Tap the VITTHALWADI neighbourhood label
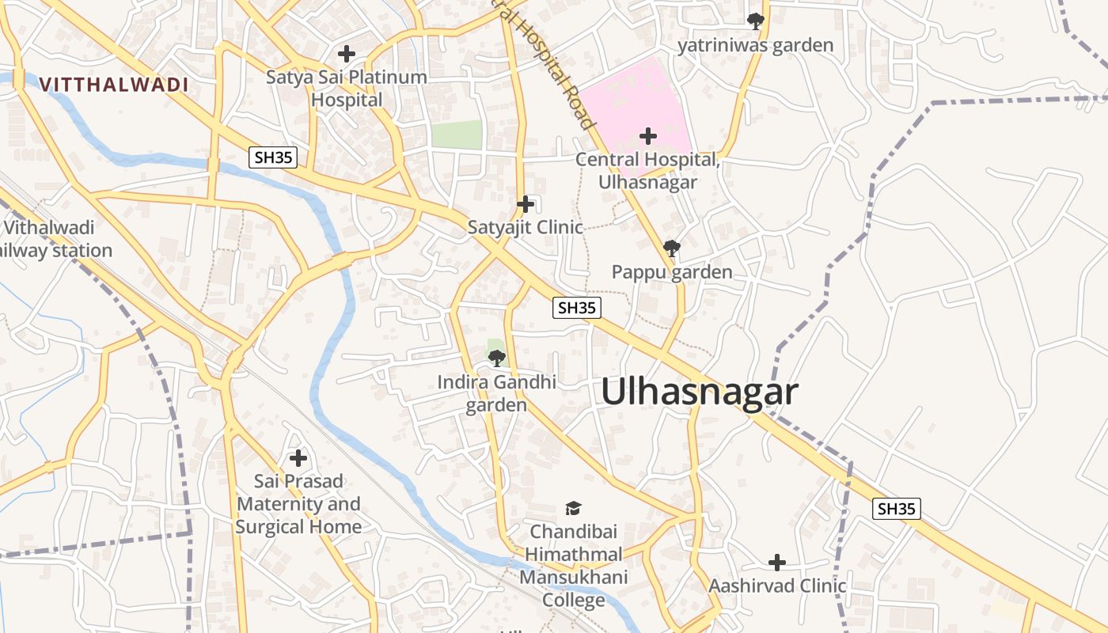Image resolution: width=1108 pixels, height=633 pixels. [114, 85]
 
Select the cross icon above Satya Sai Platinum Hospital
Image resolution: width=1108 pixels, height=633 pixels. [346, 54]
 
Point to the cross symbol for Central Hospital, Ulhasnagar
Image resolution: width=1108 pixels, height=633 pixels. [648, 136]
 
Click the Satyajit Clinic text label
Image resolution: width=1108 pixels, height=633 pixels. [526, 227]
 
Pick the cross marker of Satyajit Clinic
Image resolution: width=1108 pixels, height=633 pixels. [526, 204]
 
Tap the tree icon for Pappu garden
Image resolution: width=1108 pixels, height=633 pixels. [671, 248]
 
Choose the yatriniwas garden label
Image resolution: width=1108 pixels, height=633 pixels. [755, 45]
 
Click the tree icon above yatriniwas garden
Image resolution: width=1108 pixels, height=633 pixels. [756, 21]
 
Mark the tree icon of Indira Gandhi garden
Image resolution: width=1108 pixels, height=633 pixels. [496, 358]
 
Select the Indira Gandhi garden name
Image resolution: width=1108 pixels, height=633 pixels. [496, 393]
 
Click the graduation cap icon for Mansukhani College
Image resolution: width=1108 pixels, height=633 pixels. [573, 508]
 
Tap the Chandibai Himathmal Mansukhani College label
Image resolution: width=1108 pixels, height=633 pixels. [573, 566]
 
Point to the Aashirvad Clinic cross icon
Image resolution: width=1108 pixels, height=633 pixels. [777, 563]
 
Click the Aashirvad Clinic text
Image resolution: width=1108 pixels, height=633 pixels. [777, 586]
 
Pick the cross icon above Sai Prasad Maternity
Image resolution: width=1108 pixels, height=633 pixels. [298, 458]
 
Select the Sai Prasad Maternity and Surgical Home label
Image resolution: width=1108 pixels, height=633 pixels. [298, 504]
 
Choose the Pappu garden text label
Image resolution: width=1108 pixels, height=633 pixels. [672, 272]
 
